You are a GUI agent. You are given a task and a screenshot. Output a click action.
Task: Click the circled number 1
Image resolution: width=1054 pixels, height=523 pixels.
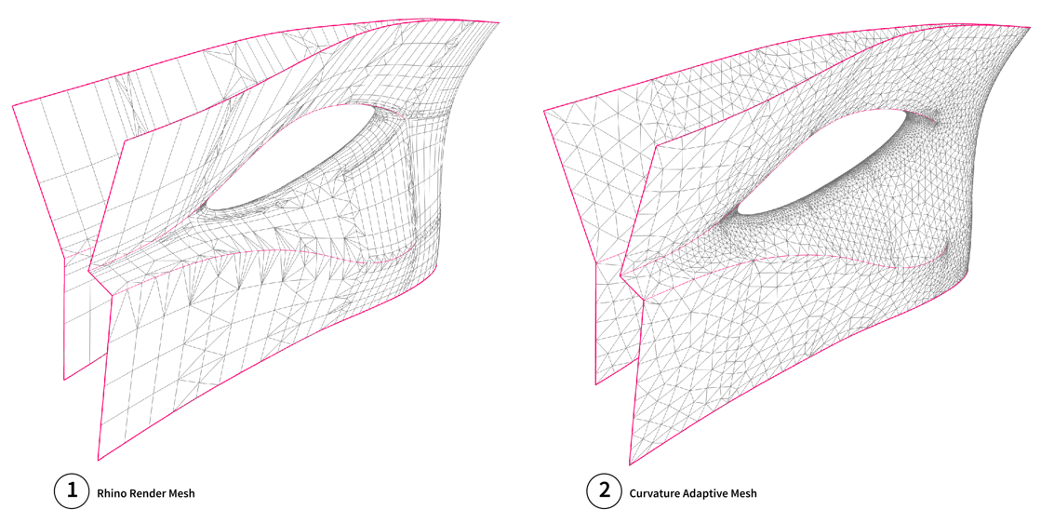point(72,492)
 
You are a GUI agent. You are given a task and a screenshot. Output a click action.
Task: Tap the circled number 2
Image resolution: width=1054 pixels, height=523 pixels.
point(604,492)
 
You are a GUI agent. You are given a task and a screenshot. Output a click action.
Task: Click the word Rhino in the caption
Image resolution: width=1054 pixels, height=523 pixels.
point(110,493)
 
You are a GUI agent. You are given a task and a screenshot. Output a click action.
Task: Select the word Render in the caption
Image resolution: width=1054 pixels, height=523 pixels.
point(140,493)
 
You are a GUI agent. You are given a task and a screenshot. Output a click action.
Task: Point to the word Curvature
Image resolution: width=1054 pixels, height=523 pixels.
point(651,493)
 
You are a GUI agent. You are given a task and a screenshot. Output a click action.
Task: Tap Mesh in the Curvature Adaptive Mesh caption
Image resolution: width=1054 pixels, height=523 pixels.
point(742,493)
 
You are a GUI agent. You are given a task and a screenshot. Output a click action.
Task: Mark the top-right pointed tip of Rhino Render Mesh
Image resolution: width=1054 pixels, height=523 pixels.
point(499,21)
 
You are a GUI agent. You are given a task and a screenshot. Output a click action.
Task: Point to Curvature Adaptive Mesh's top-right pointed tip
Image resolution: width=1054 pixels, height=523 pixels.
point(1031,27)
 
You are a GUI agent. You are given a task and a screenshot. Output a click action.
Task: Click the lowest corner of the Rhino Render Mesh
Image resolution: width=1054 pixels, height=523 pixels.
point(98,460)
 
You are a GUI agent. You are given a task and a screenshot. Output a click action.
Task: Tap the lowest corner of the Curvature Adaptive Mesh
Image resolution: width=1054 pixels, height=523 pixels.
point(630,464)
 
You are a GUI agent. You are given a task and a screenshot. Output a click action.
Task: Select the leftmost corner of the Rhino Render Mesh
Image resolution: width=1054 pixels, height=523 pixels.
point(13,105)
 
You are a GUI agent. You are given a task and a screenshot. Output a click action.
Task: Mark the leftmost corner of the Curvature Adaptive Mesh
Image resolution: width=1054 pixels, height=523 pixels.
point(543,110)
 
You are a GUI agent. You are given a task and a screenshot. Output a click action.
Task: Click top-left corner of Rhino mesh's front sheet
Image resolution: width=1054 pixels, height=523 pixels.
point(126,142)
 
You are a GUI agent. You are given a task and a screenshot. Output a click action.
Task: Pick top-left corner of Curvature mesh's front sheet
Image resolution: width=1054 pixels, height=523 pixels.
point(657,147)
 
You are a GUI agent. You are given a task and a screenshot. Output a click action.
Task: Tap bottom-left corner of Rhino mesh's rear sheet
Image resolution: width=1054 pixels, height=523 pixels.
point(64,380)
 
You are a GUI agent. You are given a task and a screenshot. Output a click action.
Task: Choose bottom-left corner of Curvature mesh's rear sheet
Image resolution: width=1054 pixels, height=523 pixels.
point(595,384)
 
